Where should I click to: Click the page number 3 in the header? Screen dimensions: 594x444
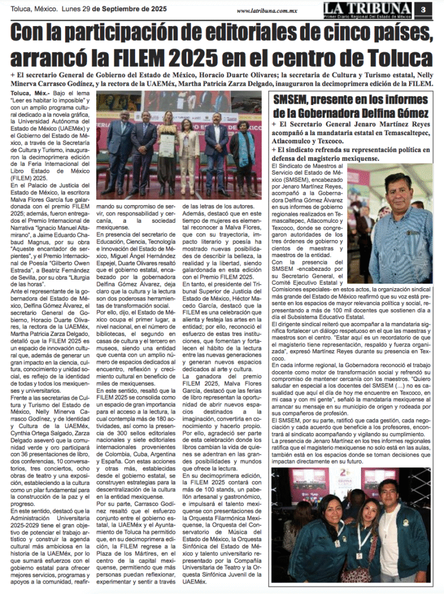pos(424,9)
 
